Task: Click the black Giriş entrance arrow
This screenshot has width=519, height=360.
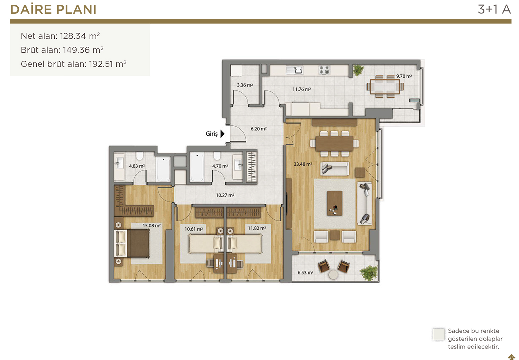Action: click(x=222, y=134)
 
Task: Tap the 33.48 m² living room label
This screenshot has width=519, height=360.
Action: click(x=303, y=164)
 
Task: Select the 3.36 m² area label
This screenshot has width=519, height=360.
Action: click(x=245, y=85)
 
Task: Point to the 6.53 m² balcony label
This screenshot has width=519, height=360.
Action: click(x=306, y=272)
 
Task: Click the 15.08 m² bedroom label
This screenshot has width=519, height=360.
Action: click(x=152, y=226)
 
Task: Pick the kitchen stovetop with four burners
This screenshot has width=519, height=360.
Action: click(x=324, y=70)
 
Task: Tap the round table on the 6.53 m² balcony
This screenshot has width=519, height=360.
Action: click(x=334, y=275)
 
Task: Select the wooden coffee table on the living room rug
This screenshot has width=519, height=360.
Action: click(x=335, y=203)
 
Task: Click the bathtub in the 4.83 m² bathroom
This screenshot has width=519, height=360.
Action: click(x=163, y=169)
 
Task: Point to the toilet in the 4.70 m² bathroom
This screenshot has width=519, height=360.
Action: click(x=217, y=155)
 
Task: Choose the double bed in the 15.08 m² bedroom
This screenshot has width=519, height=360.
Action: click(x=132, y=243)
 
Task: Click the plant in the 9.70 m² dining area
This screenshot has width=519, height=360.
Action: click(x=358, y=70)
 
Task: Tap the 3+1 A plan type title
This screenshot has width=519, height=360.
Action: click(x=494, y=9)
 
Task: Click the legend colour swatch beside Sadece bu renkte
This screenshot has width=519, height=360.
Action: click(x=439, y=334)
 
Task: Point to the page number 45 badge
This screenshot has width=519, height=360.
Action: click(x=511, y=357)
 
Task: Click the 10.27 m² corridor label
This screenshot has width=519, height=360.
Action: click(x=225, y=195)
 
